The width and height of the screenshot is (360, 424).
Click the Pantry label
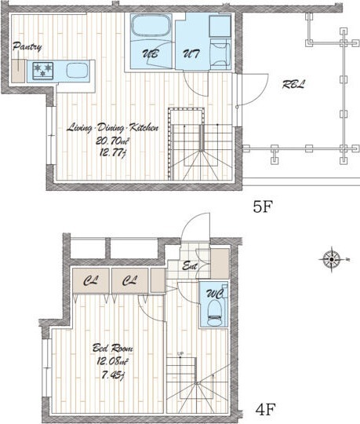point(27,47)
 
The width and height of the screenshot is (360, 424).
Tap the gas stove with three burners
point(43,71)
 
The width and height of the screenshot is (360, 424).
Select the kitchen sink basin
point(77,71)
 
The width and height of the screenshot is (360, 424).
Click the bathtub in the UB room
point(151,26)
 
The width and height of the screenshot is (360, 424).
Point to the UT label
point(191,54)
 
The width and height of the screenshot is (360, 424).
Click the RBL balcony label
point(293,85)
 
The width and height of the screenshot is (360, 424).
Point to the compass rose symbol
point(332,260)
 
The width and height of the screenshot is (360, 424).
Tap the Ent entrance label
point(190,266)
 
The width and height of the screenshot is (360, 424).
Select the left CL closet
point(91,280)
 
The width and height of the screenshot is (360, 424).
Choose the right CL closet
point(130,280)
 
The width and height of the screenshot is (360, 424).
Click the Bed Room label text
point(113,348)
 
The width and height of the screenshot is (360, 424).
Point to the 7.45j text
point(113,375)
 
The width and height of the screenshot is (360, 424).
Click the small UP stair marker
point(180,353)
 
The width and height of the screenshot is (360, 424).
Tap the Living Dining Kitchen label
point(112,128)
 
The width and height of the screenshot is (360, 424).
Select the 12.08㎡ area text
point(113,361)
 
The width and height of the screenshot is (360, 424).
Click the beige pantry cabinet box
point(18,71)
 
